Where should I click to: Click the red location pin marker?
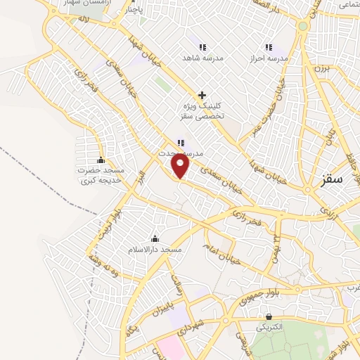181,166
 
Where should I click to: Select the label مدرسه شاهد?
202,57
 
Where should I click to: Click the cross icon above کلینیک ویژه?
202,95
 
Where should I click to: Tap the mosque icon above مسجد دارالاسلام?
155,239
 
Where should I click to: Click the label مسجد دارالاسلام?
155,250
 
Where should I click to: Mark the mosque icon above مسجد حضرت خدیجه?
101,160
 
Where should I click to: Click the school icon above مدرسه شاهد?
202,46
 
